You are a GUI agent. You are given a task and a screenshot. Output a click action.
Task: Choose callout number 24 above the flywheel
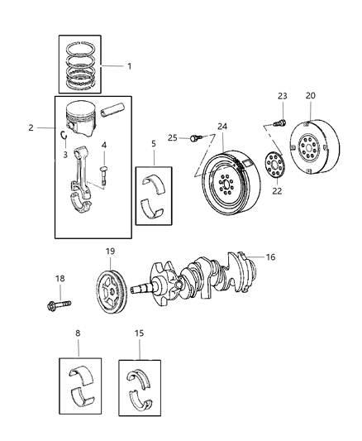click(x=221, y=127)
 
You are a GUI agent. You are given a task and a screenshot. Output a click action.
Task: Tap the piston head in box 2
click(x=83, y=118)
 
